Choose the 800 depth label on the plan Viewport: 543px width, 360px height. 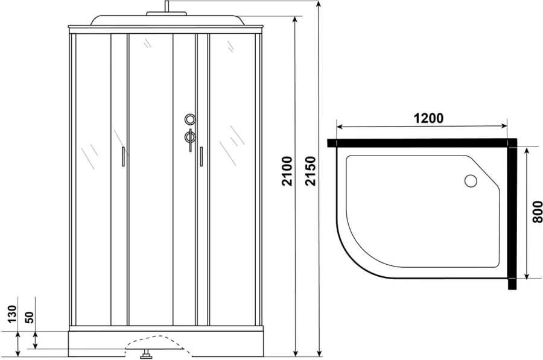point(537,212)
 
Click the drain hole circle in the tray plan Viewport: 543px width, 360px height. point(471,180)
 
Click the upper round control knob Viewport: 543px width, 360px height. point(191,119)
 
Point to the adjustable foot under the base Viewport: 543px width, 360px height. point(145,355)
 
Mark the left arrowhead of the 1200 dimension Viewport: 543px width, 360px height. point(338,127)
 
